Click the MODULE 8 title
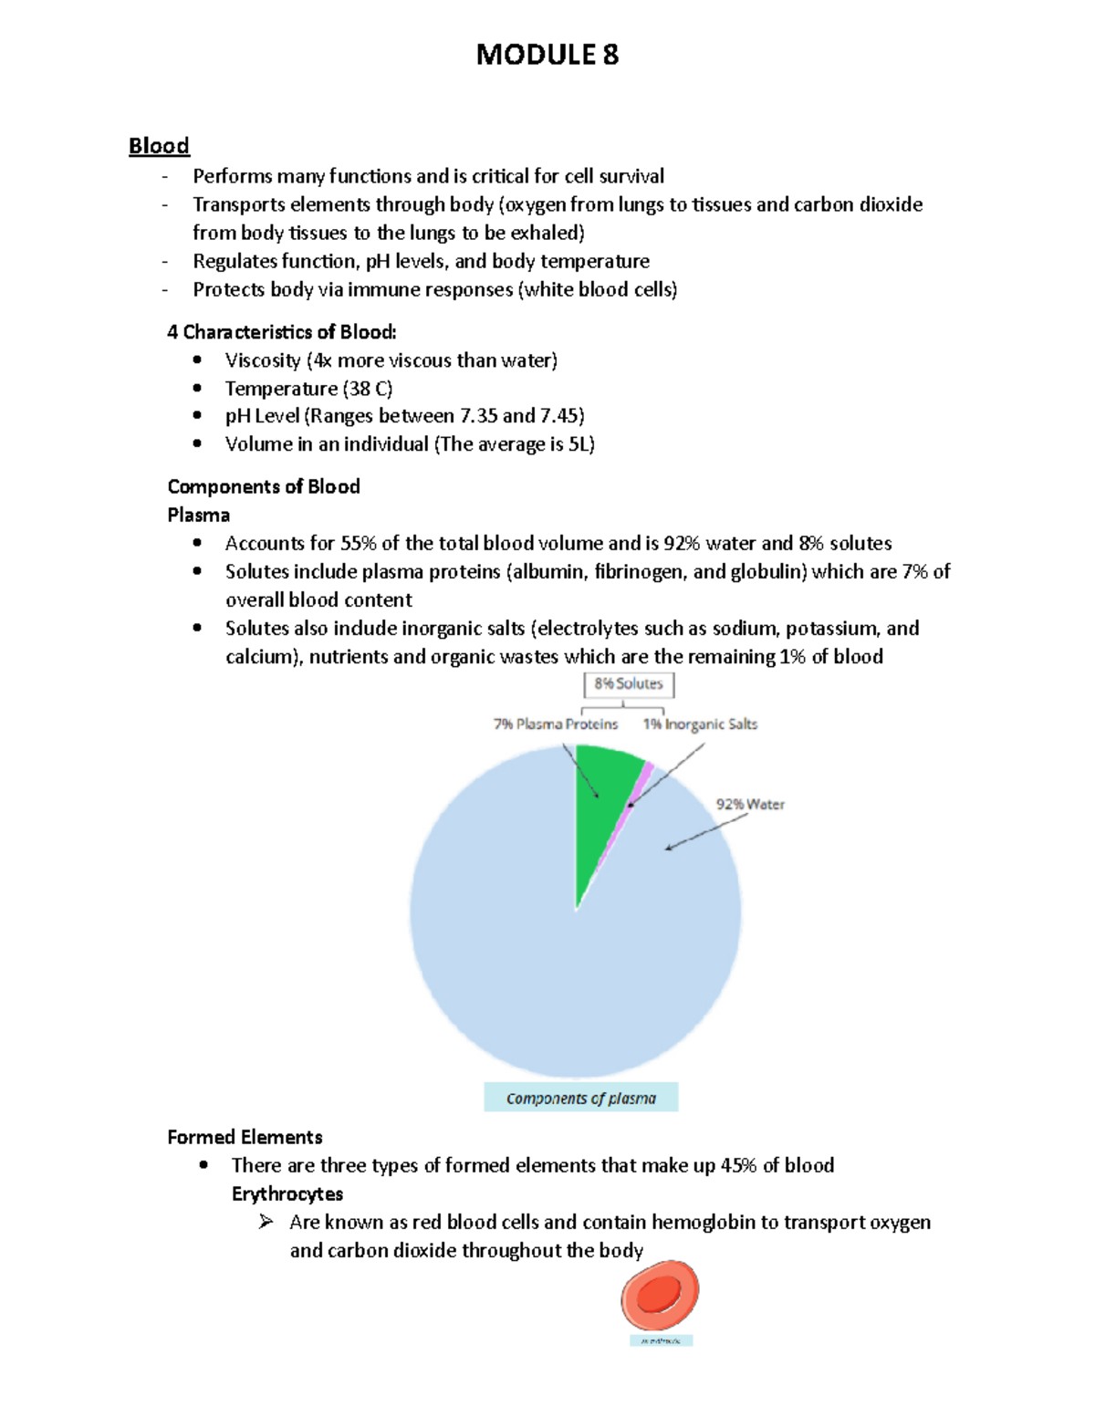[x=547, y=56]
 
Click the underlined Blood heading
[x=159, y=146]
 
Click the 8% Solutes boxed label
[x=629, y=683]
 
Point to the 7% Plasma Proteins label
[x=555, y=724]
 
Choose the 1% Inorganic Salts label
[x=700, y=724]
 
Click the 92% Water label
[x=749, y=805]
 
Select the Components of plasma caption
[x=580, y=1099]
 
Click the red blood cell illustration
[x=659, y=1295]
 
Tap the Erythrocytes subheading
[x=287, y=1194]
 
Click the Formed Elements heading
[x=245, y=1138]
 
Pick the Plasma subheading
[x=198, y=516]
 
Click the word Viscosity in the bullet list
[x=263, y=360]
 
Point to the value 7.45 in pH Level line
[x=560, y=416]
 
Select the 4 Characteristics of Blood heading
[x=281, y=332]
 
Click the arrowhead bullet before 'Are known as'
[x=266, y=1222]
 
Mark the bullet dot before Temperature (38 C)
[x=197, y=388]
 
